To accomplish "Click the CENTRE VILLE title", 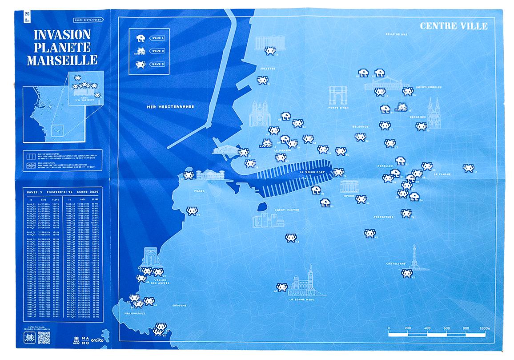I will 454,26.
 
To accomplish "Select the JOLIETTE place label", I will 268,69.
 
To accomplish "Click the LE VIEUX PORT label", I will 313,172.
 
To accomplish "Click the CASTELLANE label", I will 395,263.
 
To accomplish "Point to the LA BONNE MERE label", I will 302,299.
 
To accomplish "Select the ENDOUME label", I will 178,305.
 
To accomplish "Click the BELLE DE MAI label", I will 396,34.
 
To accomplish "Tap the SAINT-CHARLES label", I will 428,87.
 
